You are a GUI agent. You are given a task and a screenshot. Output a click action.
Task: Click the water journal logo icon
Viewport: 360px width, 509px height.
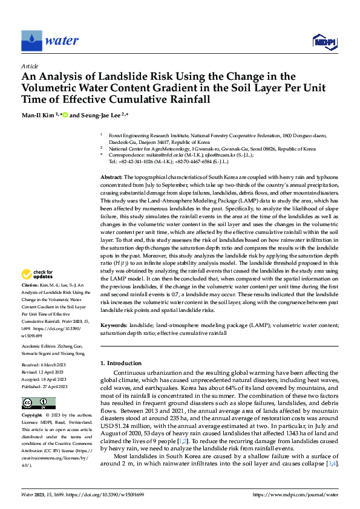(x=31, y=41)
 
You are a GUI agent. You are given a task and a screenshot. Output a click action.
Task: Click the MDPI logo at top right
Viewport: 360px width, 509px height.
(x=324, y=41)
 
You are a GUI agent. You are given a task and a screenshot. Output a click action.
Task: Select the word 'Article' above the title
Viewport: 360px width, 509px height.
(x=30, y=66)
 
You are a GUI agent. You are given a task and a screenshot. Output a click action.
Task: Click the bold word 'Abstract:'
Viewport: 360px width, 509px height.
(x=113, y=158)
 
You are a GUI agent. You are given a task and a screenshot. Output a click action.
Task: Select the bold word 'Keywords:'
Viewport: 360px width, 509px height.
(x=114, y=325)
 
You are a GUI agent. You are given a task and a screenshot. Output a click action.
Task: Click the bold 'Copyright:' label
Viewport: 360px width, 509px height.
(x=32, y=417)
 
